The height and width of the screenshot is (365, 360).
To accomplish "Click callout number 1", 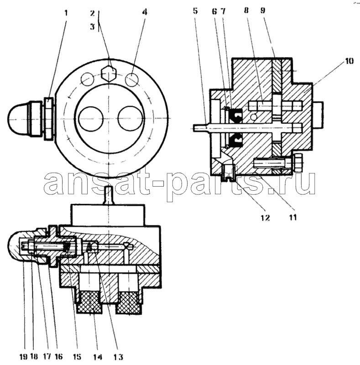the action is point(66,13).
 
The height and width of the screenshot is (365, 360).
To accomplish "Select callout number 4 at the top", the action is point(145,12).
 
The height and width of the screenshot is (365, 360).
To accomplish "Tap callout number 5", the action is point(195,10).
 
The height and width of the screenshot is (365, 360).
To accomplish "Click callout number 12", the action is point(265,218).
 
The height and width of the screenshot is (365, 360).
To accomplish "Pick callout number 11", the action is point(293,218).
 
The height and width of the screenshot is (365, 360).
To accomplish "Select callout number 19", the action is point(24,357).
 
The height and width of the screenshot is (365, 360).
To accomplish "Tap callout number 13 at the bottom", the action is point(118,357).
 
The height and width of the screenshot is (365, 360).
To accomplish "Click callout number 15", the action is point(77,357).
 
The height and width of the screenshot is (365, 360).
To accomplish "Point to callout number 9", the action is point(263,10).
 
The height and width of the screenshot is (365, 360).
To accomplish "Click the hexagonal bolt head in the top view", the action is point(109,73).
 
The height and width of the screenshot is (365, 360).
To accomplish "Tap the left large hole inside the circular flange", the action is point(91,119).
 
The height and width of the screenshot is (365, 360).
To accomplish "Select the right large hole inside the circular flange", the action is point(130,119).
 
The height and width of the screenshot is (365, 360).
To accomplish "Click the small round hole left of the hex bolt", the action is point(87,79).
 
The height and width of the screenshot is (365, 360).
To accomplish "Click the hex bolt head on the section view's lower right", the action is point(297,162).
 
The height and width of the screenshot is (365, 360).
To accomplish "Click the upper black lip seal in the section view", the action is point(235,116).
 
